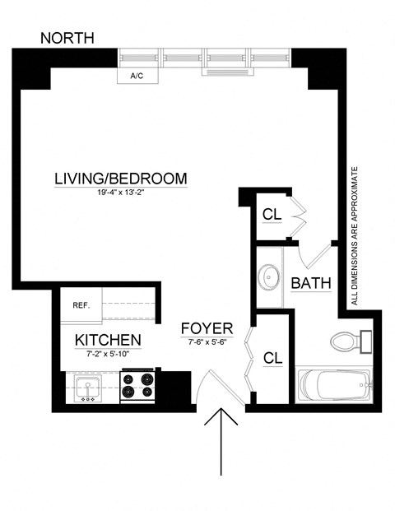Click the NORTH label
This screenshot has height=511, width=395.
(67, 38)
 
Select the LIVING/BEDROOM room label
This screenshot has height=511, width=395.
(121, 178)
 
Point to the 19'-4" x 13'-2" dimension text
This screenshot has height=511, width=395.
(121, 194)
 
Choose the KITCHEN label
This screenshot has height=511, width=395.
(108, 340)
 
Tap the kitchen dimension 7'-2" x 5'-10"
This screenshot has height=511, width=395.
(108, 354)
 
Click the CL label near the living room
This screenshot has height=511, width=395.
(272, 215)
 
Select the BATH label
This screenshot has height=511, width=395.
(312, 284)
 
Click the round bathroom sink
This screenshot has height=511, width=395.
(269, 277)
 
